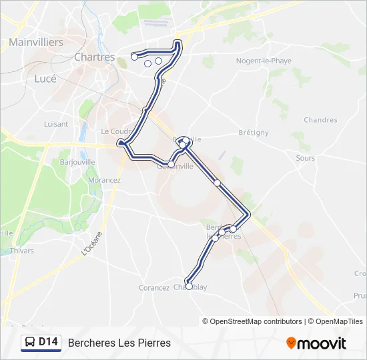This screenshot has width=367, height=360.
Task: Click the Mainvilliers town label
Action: (36, 42)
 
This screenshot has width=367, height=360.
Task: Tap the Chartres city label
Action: (95, 57)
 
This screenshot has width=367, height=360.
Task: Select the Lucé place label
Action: (45, 78)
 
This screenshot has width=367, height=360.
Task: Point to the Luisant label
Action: (56, 124)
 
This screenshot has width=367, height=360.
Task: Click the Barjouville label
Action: (77, 162)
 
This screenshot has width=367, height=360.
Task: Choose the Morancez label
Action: (104, 180)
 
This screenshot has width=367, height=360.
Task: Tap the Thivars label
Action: (22, 251)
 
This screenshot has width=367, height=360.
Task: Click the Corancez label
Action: (153, 288)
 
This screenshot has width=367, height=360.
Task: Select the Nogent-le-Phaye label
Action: (264, 61)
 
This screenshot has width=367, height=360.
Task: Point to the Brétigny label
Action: (253, 133)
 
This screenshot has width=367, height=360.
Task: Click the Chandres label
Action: (320, 120)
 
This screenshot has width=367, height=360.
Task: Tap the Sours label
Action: (306, 158)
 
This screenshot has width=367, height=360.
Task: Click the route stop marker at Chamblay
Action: (189, 286)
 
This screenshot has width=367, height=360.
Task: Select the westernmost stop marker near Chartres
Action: (134, 57)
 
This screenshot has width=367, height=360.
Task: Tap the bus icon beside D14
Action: (30, 343)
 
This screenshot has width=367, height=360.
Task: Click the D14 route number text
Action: (49, 343)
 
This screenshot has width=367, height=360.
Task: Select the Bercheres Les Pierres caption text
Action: (119, 343)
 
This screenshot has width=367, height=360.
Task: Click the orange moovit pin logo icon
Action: (291, 343)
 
